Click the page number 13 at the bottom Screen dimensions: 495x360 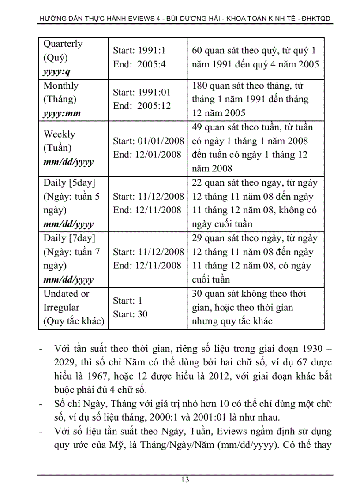coord(185,480)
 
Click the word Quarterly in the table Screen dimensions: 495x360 coord(63,44)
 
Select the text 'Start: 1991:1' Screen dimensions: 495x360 coord(139,51)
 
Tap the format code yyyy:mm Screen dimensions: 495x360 coord(62,113)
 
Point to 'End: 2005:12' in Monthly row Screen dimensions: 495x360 coord(142,106)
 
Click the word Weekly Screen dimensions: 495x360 coord(59,134)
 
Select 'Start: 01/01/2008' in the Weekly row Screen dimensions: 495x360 coord(148,141)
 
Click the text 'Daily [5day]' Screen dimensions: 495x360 coord(69,182)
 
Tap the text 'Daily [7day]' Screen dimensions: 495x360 coord(69,238)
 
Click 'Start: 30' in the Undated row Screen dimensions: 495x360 coord(130,314)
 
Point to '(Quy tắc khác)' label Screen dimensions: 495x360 coord(74,321)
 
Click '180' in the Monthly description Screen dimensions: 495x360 coord(199,86)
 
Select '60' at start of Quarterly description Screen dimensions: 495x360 coord(197,51)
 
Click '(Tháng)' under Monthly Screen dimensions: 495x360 coord(60,99)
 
